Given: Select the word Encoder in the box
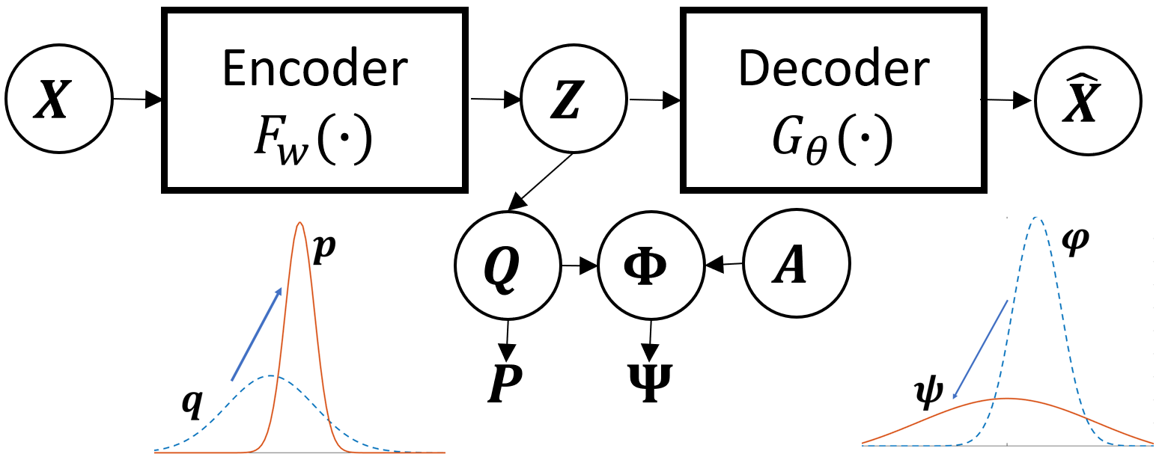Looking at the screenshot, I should point(314,69).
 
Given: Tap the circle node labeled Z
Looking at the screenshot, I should point(574,100).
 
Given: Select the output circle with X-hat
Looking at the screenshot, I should point(1088,99).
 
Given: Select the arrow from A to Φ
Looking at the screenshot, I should point(723,263).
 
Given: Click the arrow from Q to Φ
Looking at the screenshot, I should point(579,265).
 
